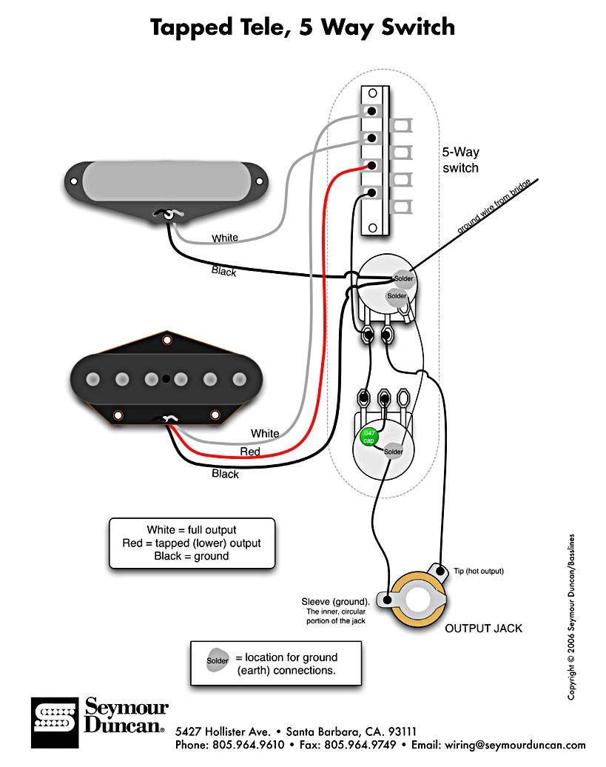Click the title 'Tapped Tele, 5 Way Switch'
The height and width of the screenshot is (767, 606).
pyautogui.click(x=303, y=27)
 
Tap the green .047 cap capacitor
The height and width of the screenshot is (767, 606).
pyautogui.click(x=367, y=436)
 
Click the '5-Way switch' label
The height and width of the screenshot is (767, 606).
pyautogui.click(x=460, y=160)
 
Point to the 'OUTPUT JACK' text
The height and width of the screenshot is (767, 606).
pyautogui.click(x=483, y=629)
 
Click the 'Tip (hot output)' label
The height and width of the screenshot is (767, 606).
pyautogui.click(x=479, y=571)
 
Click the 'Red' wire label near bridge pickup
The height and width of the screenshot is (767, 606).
pyautogui.click(x=250, y=451)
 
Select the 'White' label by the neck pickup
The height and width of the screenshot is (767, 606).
pyautogui.click(x=225, y=238)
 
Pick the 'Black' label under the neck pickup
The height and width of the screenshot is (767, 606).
pyautogui.click(x=223, y=272)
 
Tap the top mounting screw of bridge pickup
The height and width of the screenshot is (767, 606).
pyautogui.click(x=166, y=341)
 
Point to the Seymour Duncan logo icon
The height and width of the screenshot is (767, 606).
pyautogui.click(x=55, y=721)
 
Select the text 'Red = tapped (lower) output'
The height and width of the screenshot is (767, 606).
pyautogui.click(x=192, y=543)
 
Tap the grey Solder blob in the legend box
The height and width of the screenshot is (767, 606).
pyautogui.click(x=218, y=660)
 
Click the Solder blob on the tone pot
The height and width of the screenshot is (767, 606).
pyautogui.click(x=393, y=452)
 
